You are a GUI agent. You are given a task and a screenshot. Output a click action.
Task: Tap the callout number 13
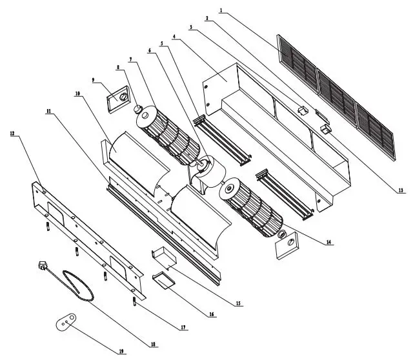400,191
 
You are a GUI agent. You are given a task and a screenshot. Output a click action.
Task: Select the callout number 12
12,134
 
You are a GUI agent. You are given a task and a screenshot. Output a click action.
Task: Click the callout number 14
329,242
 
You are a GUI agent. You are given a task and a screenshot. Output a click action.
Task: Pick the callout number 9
94,80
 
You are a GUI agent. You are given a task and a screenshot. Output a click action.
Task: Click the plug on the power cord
43,265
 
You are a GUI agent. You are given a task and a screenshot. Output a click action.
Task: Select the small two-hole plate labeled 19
66,321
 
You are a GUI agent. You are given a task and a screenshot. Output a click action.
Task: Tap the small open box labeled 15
163,257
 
